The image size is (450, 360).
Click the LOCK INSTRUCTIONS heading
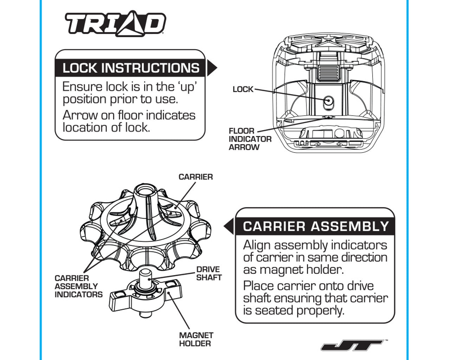130,68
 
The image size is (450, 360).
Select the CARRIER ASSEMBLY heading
316,226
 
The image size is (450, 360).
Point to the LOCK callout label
243,89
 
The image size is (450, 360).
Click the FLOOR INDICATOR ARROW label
250,139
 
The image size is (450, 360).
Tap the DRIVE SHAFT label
208,274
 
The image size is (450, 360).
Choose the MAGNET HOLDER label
196,339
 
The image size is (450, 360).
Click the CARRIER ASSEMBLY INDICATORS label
78,286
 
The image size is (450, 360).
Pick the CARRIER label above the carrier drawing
195,177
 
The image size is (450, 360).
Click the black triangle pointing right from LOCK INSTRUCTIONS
212,68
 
